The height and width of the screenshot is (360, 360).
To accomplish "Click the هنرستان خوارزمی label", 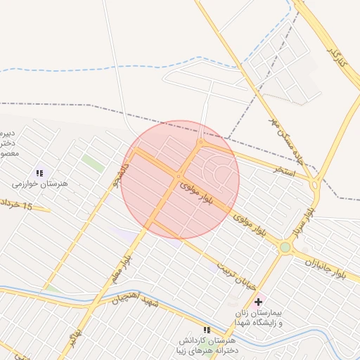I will pos(39,184).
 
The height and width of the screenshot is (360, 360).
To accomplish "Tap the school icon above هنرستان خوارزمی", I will pos(39,173).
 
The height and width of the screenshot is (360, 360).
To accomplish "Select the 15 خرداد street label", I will pos(17,206).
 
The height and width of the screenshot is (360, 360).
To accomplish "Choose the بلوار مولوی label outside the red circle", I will pos(251,226).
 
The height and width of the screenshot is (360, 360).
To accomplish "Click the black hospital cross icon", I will pos(258,301).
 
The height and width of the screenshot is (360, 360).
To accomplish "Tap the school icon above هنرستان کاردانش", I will pos(207,329).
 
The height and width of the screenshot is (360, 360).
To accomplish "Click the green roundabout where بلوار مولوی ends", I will pos(285,247).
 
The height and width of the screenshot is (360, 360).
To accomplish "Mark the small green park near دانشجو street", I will pos(92,162).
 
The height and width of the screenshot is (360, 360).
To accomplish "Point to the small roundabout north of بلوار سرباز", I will pos(314,186).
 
